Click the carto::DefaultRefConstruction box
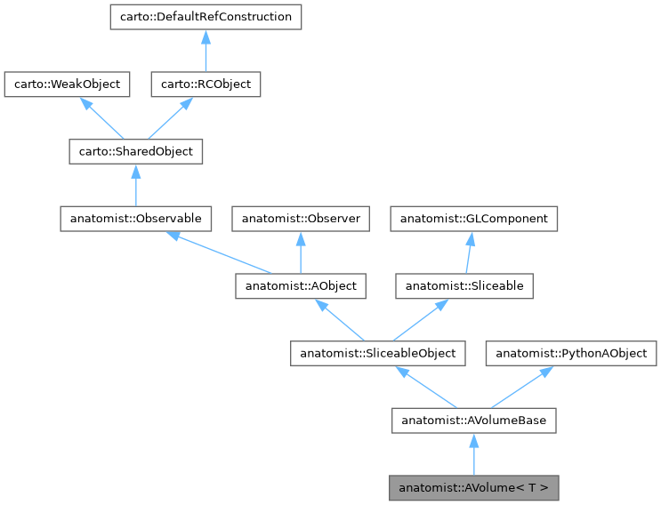click(205, 17)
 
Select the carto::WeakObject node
click(68, 84)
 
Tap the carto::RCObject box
click(205, 84)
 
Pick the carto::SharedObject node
click(136, 152)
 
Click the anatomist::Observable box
click(136, 219)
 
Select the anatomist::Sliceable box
click(464, 286)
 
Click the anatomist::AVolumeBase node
click(474, 421)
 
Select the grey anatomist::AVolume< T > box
click(474, 488)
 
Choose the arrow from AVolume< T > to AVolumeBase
click(474, 454)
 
